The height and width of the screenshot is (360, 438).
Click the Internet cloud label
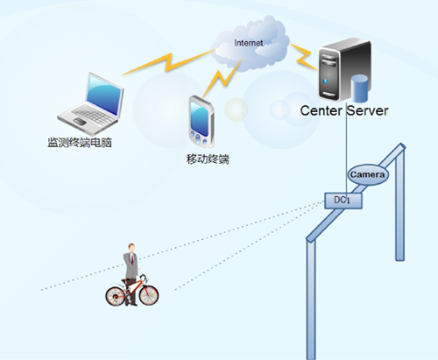[x=249, y=43]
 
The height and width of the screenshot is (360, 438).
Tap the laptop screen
[x=104, y=95]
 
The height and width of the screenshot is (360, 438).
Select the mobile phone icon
[x=201, y=122]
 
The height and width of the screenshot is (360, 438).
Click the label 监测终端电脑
[x=80, y=143]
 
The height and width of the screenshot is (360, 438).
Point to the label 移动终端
[x=208, y=159]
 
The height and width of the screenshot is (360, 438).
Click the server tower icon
[x=344, y=70]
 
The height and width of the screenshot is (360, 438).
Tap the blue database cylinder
[x=359, y=88]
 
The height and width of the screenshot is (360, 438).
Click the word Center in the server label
[x=321, y=110]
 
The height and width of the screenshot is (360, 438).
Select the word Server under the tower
[x=368, y=110]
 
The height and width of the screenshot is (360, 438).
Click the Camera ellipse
[x=368, y=174]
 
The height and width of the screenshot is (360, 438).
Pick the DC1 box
[x=343, y=201]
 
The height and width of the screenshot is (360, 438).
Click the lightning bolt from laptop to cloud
[x=169, y=62]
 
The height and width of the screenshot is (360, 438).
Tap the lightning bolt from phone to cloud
[x=222, y=78]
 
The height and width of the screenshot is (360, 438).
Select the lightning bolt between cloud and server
[x=304, y=57]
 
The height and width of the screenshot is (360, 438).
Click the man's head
[x=131, y=248]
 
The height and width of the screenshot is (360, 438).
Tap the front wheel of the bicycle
[x=149, y=295]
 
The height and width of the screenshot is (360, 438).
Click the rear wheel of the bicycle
[x=116, y=296]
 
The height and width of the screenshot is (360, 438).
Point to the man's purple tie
[x=132, y=258]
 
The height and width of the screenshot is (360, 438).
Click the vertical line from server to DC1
[x=346, y=152]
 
